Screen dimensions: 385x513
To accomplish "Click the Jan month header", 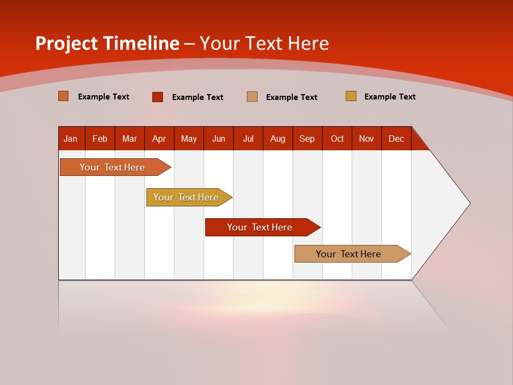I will coord(71,138).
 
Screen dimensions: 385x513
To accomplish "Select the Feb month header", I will coord(100,138).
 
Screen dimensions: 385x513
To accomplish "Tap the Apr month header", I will coord(159,138).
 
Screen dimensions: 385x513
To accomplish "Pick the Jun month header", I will coord(219,138).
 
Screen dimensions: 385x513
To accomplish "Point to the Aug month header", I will coord(278,138).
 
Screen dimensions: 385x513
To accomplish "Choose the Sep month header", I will coord(307,138).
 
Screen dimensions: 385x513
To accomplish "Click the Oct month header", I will coord(337,138).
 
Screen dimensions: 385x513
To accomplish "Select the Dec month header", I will coord(396,138).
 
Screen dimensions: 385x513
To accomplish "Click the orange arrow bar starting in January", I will coord(112,167).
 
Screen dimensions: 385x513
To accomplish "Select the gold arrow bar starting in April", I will coord(186,197).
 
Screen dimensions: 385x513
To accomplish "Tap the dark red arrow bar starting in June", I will coord(260,227).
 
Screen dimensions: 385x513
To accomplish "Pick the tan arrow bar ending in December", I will coord(349,254).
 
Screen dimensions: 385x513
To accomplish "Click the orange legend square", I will coord(64,96).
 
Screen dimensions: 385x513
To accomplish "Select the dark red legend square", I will coord(158,97).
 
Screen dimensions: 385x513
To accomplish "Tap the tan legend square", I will coord(252,96).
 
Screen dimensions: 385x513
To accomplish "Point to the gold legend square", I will coord(351,96).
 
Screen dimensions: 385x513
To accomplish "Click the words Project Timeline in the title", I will coord(107,43).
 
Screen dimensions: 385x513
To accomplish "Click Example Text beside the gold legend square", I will coord(390,97).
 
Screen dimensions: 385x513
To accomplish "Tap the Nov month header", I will coord(367,138).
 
